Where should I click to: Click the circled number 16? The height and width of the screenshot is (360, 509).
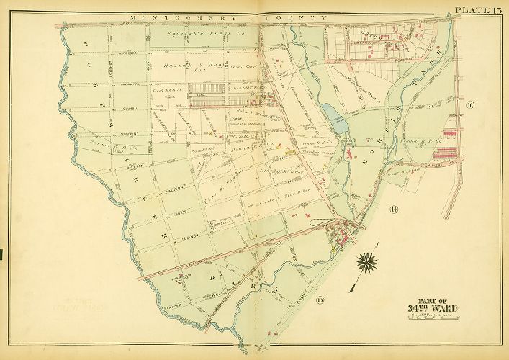470,107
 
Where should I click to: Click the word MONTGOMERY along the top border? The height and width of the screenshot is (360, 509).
170,17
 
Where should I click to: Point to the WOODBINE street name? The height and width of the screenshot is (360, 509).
89,133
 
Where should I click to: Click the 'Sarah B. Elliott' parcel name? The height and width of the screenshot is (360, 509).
164,91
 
